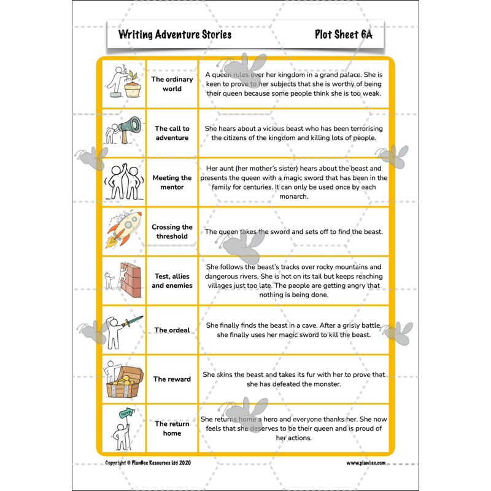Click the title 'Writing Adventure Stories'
coord(175,34)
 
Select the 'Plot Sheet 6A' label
coord(343,34)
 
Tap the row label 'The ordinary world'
coord(172,84)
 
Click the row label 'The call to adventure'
coord(172,133)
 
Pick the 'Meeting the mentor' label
coord(172,182)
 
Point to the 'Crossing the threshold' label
coord(172,231)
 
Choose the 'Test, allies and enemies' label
coord(172,280)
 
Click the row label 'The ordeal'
coord(172,330)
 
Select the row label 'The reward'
coord(172,379)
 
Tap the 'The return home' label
coord(172,428)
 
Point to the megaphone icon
coord(129,130)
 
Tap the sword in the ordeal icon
coord(131,322)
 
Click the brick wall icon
coord(130,279)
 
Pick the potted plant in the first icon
coord(133,87)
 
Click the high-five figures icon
coord(123,182)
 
